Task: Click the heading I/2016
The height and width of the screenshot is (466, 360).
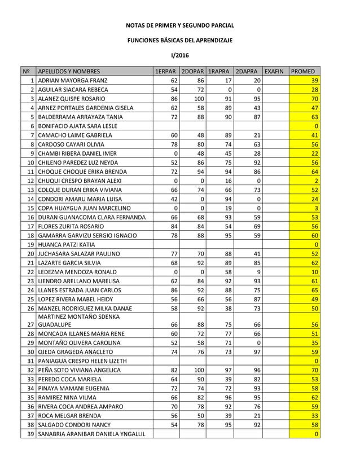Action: coord(179,55)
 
